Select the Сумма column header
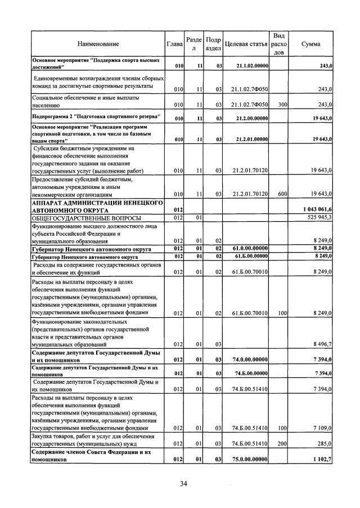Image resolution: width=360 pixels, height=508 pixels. click(311, 43)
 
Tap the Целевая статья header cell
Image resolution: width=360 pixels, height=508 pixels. click(246, 43)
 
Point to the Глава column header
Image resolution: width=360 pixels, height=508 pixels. click(175, 43)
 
